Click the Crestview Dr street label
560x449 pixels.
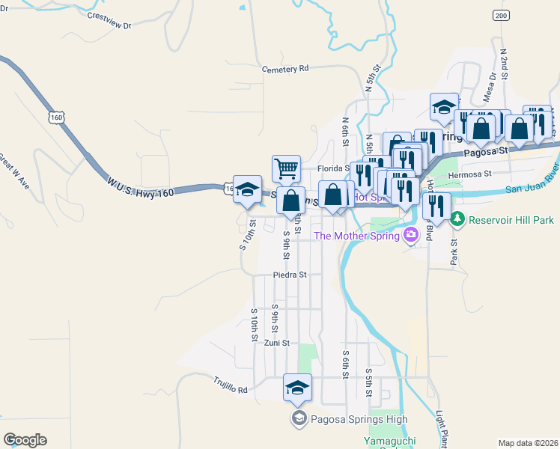pos(109,20)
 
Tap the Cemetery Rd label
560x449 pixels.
pos(285,69)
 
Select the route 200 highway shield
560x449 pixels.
pos(500,16)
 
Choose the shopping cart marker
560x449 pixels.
pos(286,169)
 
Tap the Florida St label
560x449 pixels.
pos(333,169)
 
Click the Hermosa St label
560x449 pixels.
pos(469,175)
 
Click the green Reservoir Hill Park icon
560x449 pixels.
pos(458,220)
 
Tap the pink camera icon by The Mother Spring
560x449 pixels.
pos(410,236)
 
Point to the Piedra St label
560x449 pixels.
pos(290,275)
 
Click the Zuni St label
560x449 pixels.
pos(276,343)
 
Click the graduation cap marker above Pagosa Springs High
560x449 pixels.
pos(297,388)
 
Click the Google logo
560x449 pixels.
pos(25,440)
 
